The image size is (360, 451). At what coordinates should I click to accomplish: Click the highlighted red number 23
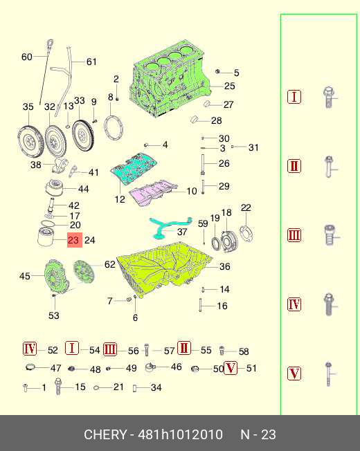75,240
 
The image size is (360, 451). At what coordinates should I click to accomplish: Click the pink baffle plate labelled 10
152,193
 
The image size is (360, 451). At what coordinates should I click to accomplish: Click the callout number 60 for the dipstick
27,57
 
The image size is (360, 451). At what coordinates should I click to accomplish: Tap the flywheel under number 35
30,141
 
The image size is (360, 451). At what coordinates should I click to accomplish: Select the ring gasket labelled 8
114,128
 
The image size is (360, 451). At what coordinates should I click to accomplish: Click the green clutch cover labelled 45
56,277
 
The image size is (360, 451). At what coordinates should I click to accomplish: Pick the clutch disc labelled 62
84,272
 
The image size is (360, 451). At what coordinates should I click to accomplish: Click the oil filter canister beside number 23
46,237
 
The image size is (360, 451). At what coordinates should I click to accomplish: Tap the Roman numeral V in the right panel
294,374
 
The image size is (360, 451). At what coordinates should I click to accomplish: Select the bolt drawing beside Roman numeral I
329,98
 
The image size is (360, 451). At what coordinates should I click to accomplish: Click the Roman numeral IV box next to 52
30,349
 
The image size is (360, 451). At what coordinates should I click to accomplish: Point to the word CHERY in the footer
105,434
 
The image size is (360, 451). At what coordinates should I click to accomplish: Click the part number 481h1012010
181,434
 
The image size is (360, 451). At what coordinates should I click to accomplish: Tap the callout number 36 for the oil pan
224,266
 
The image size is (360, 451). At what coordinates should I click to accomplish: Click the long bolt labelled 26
203,165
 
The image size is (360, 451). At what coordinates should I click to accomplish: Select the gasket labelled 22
246,234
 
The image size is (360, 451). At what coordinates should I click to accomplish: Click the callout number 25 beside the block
229,86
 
